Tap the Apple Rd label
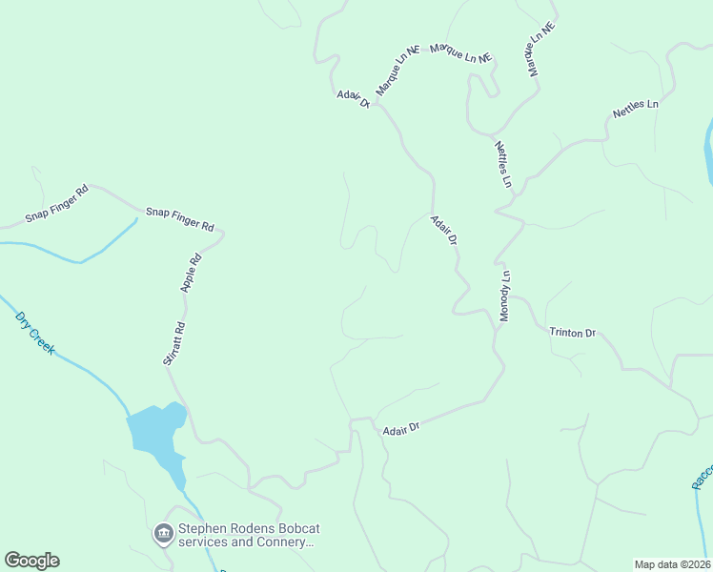pos(192,272)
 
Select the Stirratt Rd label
pos(173,344)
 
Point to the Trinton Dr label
pos(572,333)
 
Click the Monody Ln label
pos(506,296)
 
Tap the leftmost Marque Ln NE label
pos(397,71)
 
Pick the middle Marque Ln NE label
pos(460,52)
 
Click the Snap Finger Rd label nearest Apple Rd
pos(179,218)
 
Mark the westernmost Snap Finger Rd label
pos(56,203)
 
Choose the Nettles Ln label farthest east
pos(636,108)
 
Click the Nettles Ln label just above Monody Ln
pos(503,164)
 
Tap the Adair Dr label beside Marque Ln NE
pos(353,99)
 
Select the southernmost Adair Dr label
pos(401,430)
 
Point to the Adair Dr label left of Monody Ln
pos(444,230)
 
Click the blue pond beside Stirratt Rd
pos(155,429)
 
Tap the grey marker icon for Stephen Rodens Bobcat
pos(162,533)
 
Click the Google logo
pos(31,561)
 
